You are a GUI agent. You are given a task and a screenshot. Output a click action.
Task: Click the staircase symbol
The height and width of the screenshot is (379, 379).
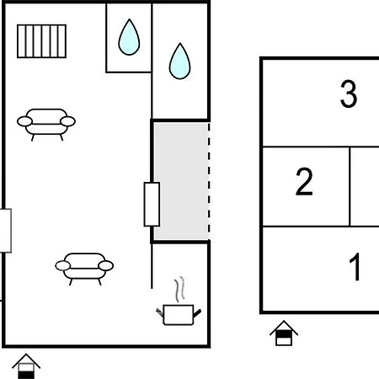pyautogui.click(x=42, y=39)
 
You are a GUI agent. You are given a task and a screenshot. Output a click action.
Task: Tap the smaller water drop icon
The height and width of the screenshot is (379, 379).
pyautogui.click(x=128, y=38)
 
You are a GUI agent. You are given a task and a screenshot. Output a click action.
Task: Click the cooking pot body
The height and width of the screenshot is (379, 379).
pyautogui.click(x=179, y=316)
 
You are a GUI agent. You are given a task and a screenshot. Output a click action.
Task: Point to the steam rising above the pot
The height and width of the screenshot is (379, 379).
pyautogui.click(x=178, y=291)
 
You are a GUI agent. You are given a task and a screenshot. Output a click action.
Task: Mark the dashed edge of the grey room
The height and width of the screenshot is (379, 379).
pyautogui.click(x=208, y=181)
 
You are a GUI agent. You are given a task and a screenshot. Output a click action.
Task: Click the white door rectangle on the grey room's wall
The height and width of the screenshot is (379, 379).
pyautogui.click(x=152, y=204)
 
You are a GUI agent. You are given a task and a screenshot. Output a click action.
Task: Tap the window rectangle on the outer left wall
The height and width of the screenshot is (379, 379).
pyautogui.click(x=4, y=230)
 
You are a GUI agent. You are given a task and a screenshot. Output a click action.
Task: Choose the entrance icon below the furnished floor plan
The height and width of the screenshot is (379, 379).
pyautogui.click(x=27, y=365)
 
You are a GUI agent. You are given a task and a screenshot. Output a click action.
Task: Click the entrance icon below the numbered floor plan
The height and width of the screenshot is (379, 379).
pyautogui.click(x=284, y=334)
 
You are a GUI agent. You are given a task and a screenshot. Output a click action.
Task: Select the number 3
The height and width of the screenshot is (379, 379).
pyautogui.click(x=348, y=94)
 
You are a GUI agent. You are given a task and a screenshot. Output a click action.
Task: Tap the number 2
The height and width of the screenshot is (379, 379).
pyautogui.click(x=304, y=183)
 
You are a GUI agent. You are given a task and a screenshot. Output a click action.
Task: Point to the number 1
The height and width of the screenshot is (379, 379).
pyautogui.click(x=355, y=269)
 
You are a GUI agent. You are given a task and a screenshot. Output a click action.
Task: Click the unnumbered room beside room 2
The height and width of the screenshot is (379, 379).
pyautogui.click(x=364, y=187)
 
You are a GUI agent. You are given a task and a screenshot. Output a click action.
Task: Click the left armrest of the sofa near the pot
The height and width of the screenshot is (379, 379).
pyautogui.click(x=61, y=266)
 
